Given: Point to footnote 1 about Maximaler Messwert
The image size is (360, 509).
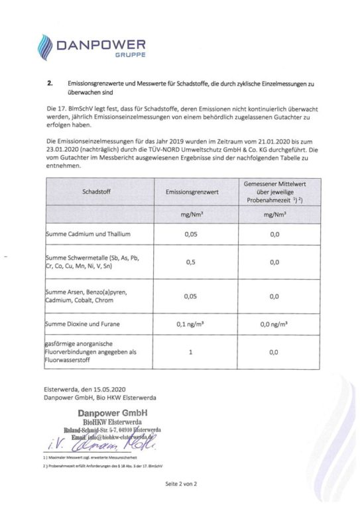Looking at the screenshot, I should [x=90, y=458].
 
